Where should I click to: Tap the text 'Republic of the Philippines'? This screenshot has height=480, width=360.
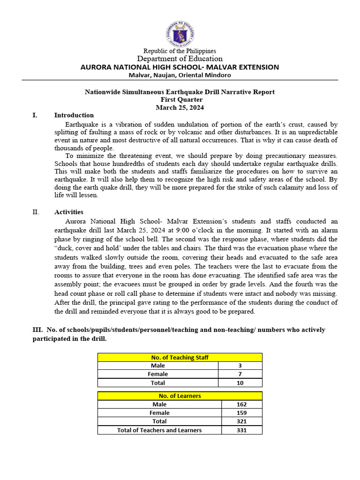click(180, 51)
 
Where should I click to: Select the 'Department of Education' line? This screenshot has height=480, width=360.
click(180, 59)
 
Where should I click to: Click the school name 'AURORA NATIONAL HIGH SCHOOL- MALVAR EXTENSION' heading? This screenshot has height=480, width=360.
click(180, 67)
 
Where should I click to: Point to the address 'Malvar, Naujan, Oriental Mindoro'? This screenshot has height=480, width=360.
click(180, 75)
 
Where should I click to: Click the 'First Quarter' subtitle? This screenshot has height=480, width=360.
click(180, 99)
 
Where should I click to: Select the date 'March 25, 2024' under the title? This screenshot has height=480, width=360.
click(180, 107)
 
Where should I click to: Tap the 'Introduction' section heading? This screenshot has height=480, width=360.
click(74, 115)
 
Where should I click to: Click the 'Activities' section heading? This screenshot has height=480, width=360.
click(68, 212)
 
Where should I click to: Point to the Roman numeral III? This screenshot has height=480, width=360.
click(37, 330)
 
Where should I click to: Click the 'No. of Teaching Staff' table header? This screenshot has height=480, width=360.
click(180, 357)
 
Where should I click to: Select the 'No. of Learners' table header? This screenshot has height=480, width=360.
click(180, 396)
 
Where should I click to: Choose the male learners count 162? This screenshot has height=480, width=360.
click(241, 404)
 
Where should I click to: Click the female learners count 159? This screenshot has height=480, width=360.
click(241, 412)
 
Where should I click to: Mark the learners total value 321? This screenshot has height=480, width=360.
click(241, 421)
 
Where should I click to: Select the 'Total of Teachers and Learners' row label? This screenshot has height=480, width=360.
click(159, 430)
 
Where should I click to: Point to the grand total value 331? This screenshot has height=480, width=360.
click(241, 430)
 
